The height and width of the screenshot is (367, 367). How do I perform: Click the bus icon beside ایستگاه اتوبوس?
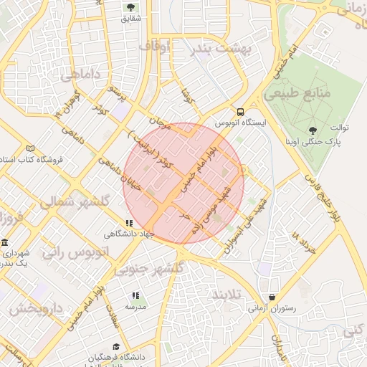pyautogui.click(x=240, y=112)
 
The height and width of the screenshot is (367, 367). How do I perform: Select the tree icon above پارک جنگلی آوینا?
pyautogui.click(x=313, y=130)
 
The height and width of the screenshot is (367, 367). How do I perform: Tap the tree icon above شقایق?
pyautogui.click(x=130, y=7)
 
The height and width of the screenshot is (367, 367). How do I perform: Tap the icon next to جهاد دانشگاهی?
pyautogui.click(x=129, y=223)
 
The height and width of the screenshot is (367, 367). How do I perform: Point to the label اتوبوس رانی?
pyautogui.click(x=75, y=252)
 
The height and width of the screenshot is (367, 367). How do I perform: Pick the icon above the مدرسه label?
pyautogui.click(x=135, y=295)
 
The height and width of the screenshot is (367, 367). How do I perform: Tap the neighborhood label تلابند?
pyautogui.click(x=229, y=295)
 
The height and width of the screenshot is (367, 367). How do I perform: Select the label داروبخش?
pyautogui.click(x=37, y=309)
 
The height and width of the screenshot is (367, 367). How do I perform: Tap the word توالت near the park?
pyautogui.click(x=339, y=128)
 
